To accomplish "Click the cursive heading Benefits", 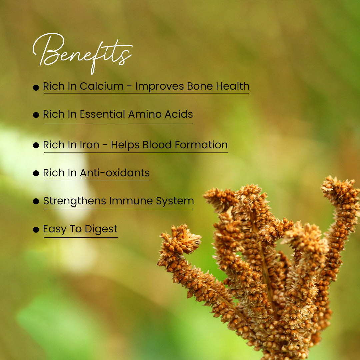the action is tap(83, 53).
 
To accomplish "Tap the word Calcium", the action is tap(102, 86).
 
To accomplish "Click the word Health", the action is tap(233, 86).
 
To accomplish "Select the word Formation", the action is tap(201, 145).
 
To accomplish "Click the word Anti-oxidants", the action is tap(115, 173).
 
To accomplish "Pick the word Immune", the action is tap(131, 201).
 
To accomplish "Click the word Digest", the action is tap(101, 229).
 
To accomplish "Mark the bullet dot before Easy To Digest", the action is tap(36, 230).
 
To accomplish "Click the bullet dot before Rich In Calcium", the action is tap(36, 87).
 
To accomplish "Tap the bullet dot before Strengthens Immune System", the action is tap(36, 201).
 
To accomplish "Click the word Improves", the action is tap(160, 87).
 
